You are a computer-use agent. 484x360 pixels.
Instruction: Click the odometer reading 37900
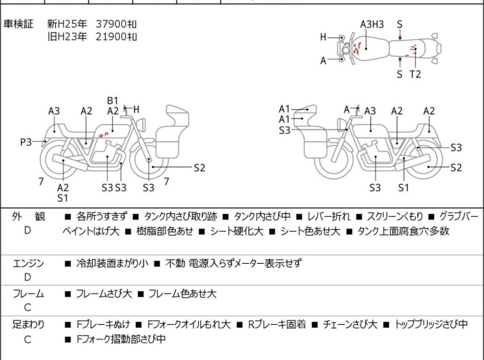(111, 24)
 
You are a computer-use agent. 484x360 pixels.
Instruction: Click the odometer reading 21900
(111, 37)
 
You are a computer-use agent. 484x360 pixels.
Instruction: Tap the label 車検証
(18, 24)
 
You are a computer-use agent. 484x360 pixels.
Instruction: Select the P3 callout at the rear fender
(26, 142)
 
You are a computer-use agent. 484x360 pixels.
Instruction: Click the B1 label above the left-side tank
(113, 101)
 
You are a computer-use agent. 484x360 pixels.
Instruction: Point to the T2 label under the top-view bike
(415, 74)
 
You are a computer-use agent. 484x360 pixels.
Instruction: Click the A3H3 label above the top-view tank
(372, 24)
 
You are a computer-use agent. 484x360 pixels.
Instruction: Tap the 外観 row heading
(28, 216)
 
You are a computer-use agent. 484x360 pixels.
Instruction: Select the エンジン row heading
(28, 263)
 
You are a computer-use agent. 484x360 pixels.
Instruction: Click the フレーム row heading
(28, 293)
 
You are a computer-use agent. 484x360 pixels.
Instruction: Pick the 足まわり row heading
(28, 325)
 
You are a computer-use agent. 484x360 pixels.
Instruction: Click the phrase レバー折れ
(329, 216)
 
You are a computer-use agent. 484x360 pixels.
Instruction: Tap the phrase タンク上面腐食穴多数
(403, 231)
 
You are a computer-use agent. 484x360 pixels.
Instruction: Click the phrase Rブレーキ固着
(277, 325)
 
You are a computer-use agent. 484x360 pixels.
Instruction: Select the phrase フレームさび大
(104, 293)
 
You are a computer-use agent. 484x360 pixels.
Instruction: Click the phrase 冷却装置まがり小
(112, 263)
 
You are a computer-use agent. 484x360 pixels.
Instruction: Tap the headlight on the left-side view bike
(142, 125)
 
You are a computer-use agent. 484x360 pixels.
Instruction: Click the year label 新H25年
(67, 24)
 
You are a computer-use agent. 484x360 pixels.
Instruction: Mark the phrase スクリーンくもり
(395, 216)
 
